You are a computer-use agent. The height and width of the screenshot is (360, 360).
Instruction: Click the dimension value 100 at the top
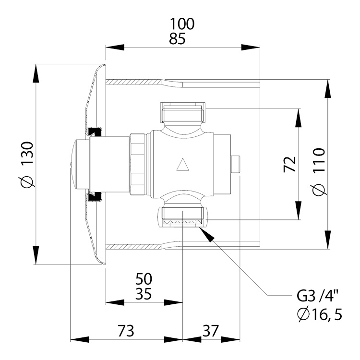pos(182,24)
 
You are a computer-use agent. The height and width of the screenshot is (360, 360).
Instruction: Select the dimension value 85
pos(177,38)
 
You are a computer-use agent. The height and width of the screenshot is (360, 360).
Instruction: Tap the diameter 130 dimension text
pos(27,165)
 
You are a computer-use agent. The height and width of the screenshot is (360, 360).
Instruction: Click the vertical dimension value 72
pos(289,164)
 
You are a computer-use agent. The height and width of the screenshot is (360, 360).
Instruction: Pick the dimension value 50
pos(144,279)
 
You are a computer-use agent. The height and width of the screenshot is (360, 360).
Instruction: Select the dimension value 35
pos(144,294)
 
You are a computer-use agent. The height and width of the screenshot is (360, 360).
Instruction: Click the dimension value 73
pos(126,331)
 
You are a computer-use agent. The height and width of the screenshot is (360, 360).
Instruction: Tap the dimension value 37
pos(211,331)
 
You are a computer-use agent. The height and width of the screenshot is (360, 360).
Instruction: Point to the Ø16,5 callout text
pos(319,314)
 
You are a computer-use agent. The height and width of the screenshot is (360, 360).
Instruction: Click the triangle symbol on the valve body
pos(183,165)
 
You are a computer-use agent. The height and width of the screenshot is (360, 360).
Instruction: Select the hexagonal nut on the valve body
pos(137,164)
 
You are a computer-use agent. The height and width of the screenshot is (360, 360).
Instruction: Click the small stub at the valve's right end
pos(235,164)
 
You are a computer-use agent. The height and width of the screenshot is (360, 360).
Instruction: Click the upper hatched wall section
pos(135,82)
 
